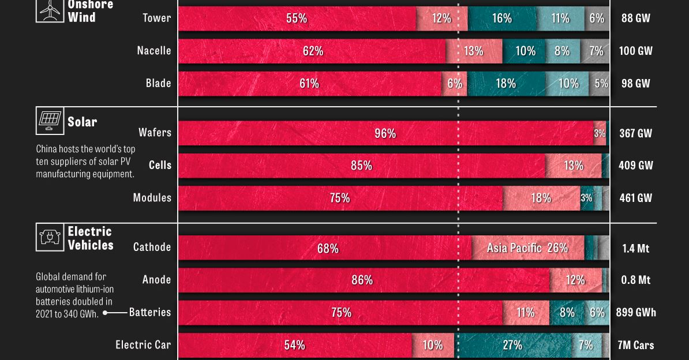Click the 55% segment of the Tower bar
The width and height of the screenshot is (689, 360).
point(297,18)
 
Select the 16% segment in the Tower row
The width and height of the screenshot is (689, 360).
point(502,18)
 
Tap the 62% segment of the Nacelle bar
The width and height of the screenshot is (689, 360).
point(312,51)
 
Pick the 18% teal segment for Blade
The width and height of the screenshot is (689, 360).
point(506,84)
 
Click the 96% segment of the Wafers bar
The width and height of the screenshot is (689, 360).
point(385,133)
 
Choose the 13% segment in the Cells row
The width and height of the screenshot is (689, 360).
point(573,166)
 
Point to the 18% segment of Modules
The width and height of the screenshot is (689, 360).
point(541,198)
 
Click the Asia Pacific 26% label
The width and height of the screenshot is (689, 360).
point(527,248)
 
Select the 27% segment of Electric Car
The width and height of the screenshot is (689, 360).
point(512,345)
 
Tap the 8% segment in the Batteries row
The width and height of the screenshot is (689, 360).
point(567,313)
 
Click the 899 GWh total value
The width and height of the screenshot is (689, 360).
point(636,313)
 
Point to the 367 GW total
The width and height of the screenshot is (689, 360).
point(635,133)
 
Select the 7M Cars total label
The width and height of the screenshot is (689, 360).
point(635,345)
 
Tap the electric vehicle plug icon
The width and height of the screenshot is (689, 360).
point(50,237)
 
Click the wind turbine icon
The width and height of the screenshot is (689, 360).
point(50,10)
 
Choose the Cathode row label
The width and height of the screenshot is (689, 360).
point(152,247)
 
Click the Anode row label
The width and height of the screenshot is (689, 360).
point(156,280)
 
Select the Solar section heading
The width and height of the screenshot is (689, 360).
point(82,122)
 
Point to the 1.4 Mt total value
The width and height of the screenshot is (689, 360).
point(635,248)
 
